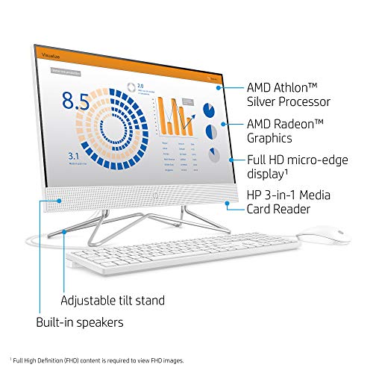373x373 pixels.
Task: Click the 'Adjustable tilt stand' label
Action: (x=112, y=301)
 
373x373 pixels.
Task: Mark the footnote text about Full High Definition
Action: (x=95, y=359)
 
